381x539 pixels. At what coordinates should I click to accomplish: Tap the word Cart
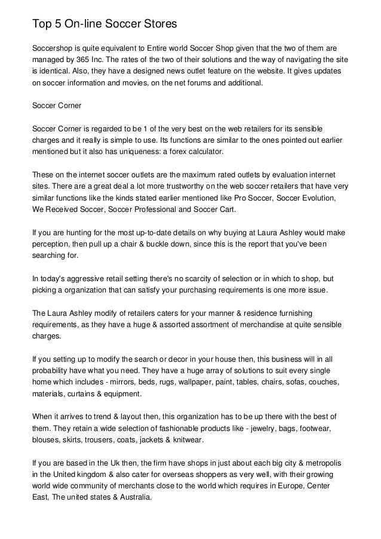pos(225,210)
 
